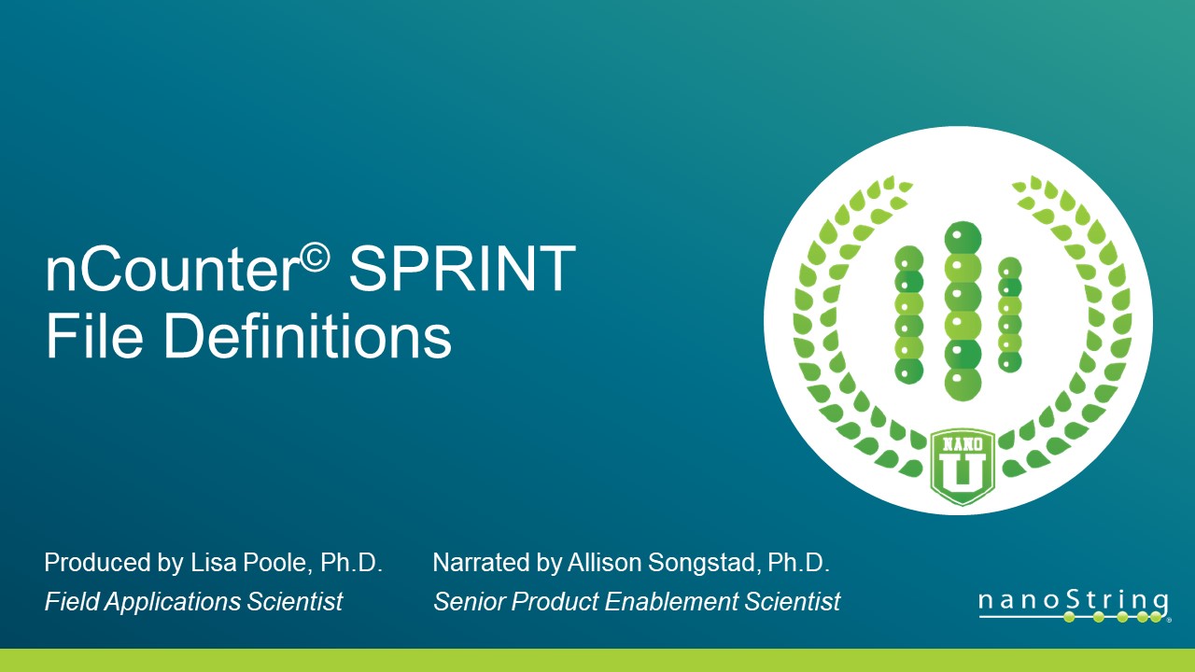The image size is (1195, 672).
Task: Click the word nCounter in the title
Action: [x=173, y=271]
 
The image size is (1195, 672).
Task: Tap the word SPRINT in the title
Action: [x=461, y=271]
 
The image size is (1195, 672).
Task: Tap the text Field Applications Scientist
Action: [x=193, y=602]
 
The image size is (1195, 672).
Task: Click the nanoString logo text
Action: [x=1073, y=600]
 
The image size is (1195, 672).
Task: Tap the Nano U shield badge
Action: [x=963, y=467]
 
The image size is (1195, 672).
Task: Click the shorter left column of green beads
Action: [x=909, y=315]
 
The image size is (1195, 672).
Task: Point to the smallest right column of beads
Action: [x=1009, y=315]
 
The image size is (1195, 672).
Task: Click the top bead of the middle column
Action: [x=963, y=238]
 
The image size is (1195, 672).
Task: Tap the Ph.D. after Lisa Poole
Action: [x=352, y=563]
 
